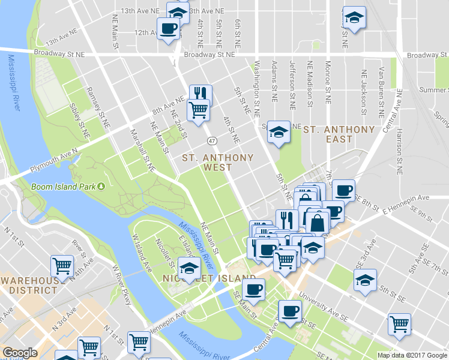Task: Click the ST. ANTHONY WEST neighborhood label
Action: tap(218, 162)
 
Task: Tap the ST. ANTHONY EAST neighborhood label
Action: tap(339, 134)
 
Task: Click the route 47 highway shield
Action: tap(212, 140)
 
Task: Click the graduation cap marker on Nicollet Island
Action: tap(189, 267)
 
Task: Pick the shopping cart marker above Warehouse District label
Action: tap(62, 265)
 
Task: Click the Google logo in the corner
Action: tap(20, 353)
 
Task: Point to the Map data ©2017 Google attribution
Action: tap(412, 355)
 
